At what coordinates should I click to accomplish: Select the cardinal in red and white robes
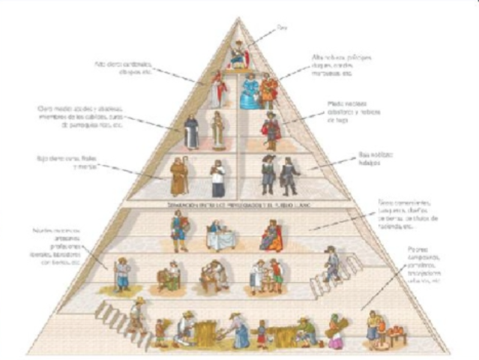[x=219, y=89]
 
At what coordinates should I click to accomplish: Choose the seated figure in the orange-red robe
[x=270, y=234]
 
